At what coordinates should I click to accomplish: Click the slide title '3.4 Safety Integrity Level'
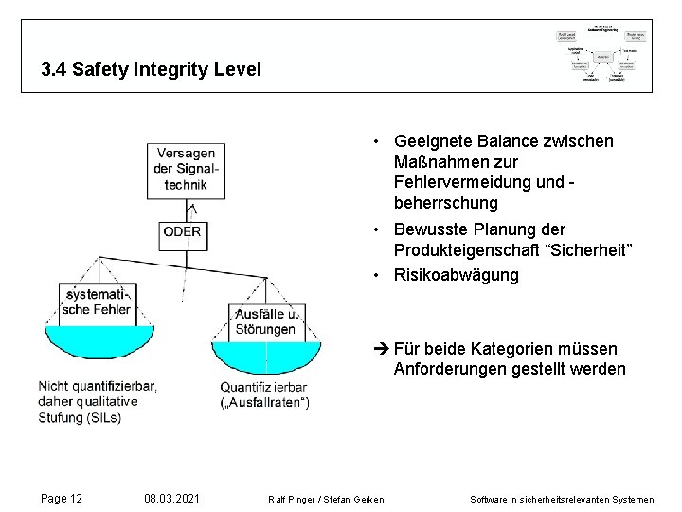[x=151, y=69]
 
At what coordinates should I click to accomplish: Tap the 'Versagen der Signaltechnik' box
[x=186, y=170]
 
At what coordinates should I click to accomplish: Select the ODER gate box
[x=182, y=231]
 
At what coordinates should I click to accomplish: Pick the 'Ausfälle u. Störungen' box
[x=266, y=321]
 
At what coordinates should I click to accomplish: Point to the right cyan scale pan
[x=266, y=356]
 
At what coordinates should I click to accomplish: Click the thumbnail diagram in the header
[x=601, y=56]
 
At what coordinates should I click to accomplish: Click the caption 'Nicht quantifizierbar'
[x=98, y=386]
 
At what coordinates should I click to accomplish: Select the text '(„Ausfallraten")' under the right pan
[x=265, y=402]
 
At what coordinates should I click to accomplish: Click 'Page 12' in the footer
[x=62, y=499]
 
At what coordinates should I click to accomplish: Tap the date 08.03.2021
[x=171, y=499]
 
